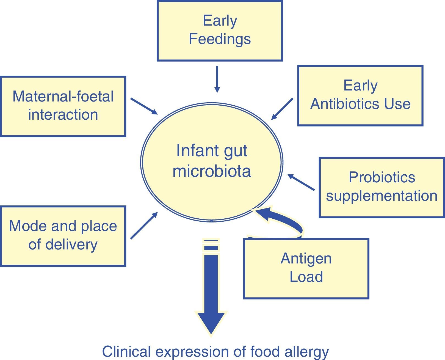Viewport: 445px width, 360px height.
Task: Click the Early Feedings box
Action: coord(220,31)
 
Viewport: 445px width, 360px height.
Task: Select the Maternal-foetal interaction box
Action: coord(63,106)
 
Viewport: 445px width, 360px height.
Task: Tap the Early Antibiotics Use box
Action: coord(360,95)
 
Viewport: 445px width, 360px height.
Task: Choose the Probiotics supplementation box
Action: coord(382,187)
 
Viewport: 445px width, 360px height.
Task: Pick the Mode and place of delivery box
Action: coord(63,236)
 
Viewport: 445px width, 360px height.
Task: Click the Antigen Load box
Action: coord(306,268)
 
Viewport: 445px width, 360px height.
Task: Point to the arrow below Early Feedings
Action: coord(217,79)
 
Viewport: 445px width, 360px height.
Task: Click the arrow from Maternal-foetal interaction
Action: coord(144,106)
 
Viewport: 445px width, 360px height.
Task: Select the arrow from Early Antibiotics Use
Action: coord(282,109)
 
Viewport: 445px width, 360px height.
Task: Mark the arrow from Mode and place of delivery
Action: coord(144,225)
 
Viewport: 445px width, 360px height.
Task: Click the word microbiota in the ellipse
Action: coord(212,171)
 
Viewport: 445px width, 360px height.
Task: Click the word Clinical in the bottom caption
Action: coord(126,351)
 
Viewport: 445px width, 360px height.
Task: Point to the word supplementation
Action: coord(382,196)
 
